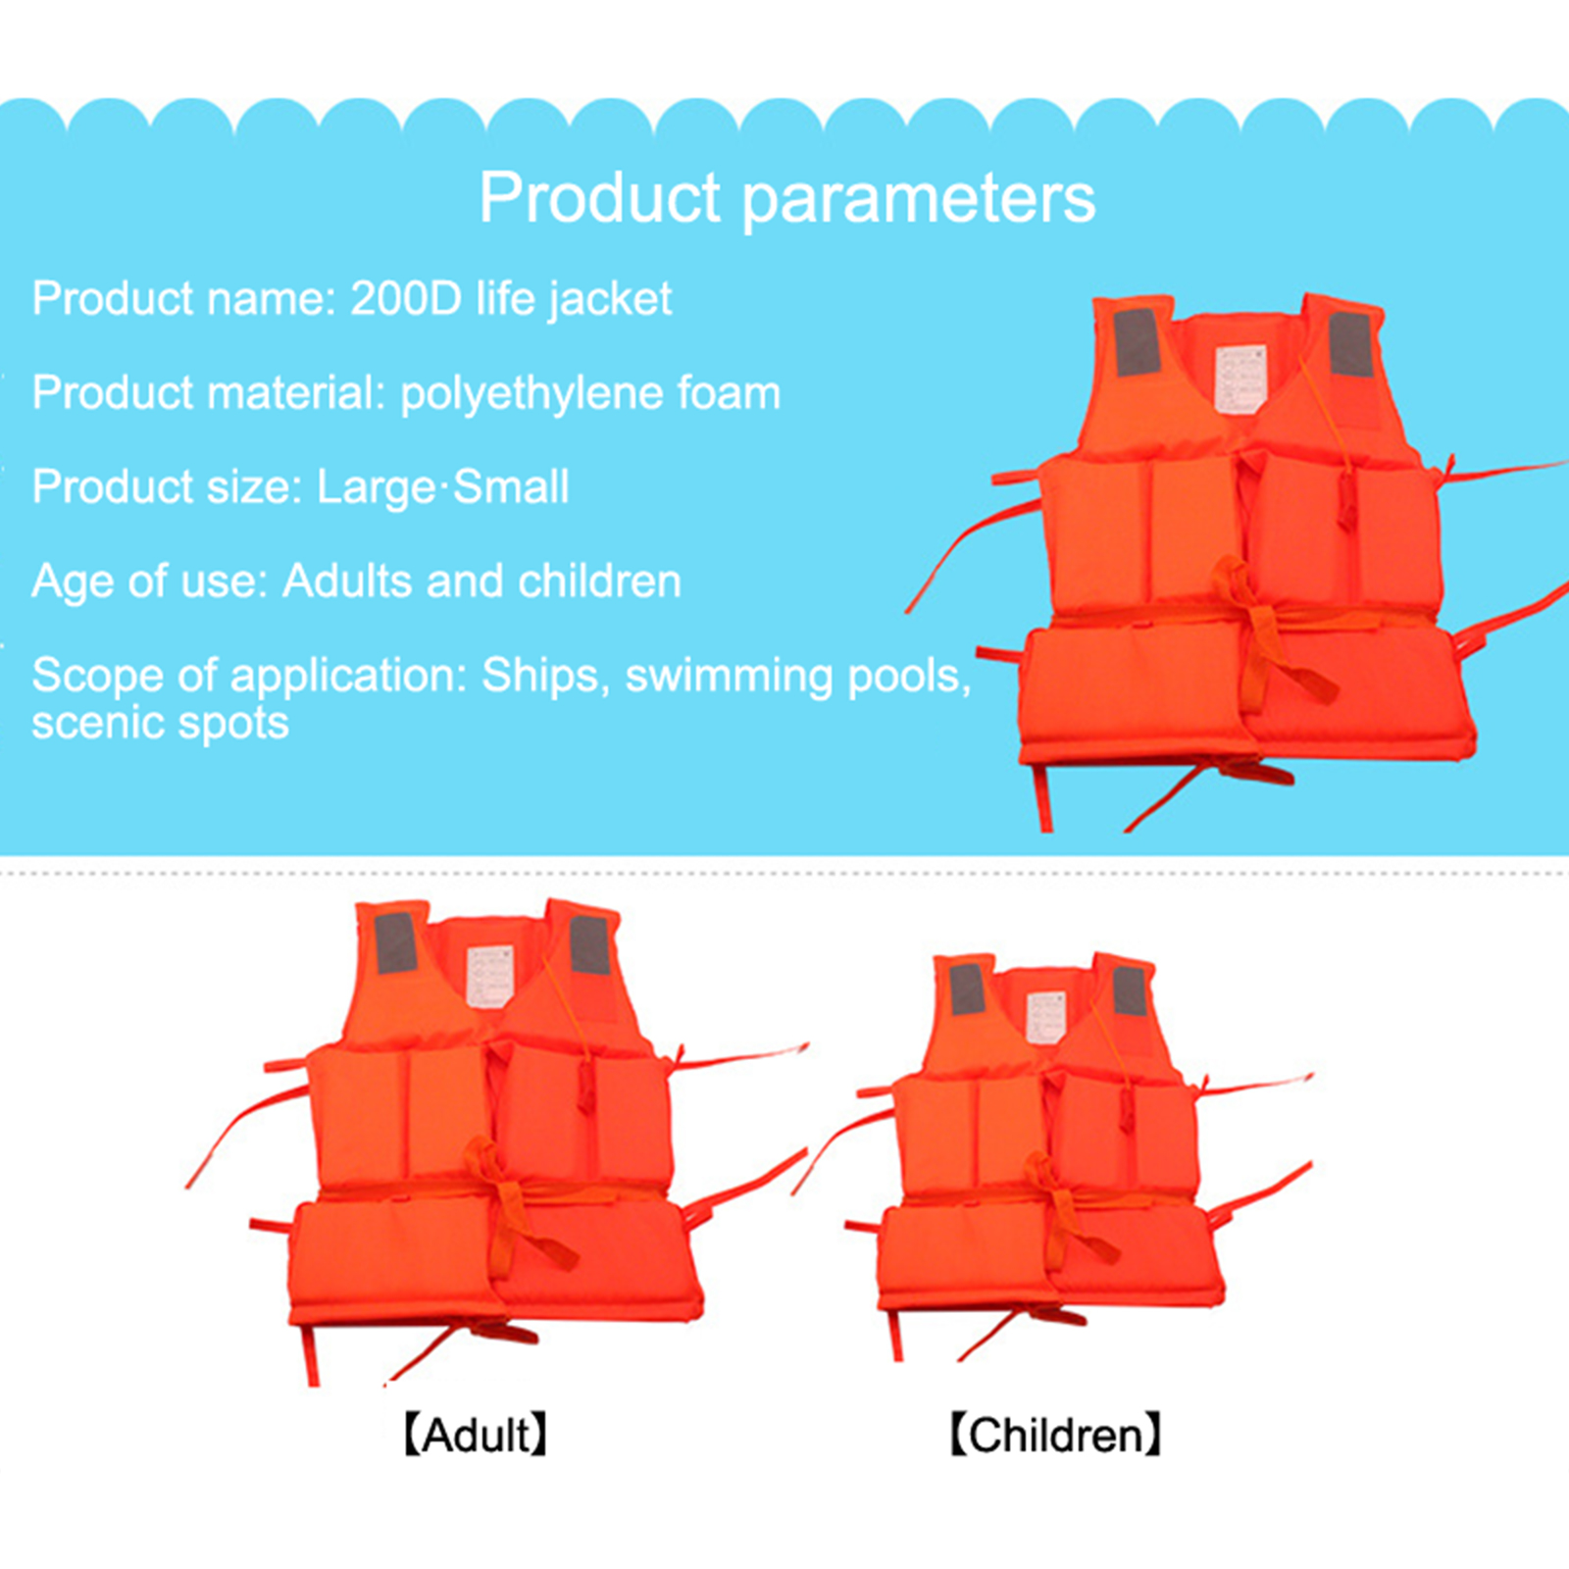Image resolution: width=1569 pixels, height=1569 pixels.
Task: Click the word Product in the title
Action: (x=600, y=197)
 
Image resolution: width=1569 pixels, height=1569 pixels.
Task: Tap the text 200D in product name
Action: (x=406, y=298)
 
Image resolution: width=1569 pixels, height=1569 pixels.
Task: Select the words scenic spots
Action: (x=160, y=724)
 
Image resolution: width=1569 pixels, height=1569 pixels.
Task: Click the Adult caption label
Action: (x=476, y=1435)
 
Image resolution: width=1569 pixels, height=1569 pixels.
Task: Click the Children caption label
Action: (x=1055, y=1435)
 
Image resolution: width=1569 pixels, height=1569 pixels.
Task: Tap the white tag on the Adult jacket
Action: (x=490, y=976)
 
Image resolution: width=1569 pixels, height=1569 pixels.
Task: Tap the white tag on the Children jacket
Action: (x=1045, y=1017)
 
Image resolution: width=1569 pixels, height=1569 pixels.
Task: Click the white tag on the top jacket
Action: (x=1240, y=379)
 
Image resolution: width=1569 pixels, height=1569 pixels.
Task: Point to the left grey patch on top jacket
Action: (x=1138, y=341)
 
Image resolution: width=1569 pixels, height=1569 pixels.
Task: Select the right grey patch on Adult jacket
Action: (x=590, y=945)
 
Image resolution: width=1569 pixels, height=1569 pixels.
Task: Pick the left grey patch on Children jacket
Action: (x=967, y=989)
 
